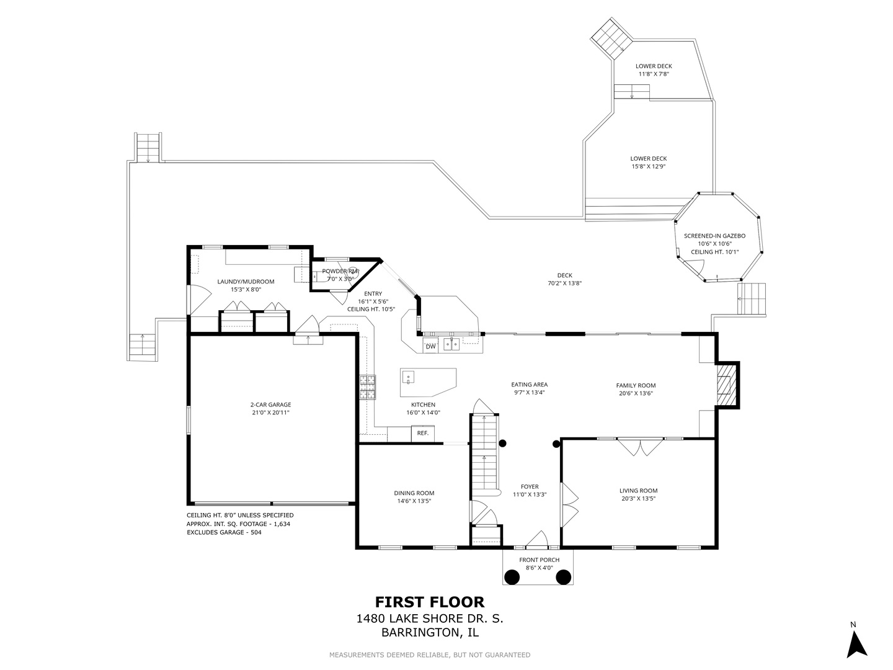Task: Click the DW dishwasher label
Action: click(x=430, y=346)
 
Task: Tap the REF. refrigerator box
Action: click(x=423, y=433)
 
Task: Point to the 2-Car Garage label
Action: click(x=270, y=404)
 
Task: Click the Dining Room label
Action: click(x=414, y=493)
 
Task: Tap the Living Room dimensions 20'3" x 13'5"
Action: click(x=638, y=498)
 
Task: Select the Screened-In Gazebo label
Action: click(x=714, y=236)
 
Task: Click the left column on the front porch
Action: click(x=512, y=577)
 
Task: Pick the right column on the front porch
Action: click(x=564, y=577)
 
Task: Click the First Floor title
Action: click(x=430, y=602)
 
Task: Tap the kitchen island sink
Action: click(x=408, y=378)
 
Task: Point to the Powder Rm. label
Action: click(x=340, y=271)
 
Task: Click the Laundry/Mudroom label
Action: click(x=246, y=281)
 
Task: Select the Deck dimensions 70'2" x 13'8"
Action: click(x=565, y=283)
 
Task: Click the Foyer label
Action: click(x=530, y=486)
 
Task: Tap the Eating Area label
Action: click(x=530, y=384)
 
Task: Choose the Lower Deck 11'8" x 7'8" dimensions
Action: click(x=654, y=74)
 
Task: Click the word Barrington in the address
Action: click(x=417, y=633)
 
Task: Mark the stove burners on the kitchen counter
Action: click(x=367, y=387)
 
